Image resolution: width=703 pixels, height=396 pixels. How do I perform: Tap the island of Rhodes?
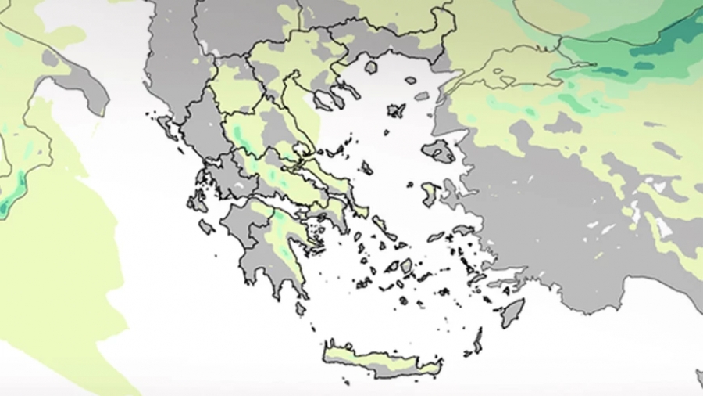pos(512,312)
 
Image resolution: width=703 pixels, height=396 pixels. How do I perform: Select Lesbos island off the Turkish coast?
pos(439,151)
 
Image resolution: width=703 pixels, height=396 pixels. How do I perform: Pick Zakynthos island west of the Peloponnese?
pos(206,227)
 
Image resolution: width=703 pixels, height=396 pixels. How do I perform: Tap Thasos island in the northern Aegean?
pos(371,67)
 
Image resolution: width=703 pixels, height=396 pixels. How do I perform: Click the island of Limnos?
pos(396,110)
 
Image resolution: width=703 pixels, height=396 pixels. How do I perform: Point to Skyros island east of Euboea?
pos(366,167)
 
